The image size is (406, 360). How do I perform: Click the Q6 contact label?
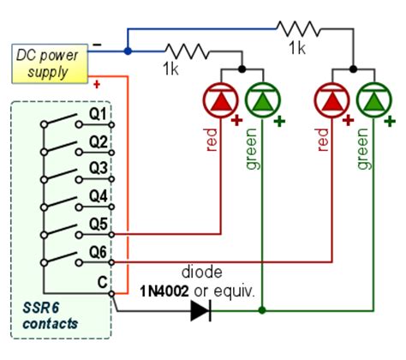coord(99,252)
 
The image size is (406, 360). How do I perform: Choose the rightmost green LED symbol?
coord(373,100)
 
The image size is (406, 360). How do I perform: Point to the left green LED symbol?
coord(261,100)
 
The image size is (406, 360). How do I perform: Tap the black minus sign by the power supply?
coord(99,42)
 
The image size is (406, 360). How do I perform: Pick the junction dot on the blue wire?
coord(128,51)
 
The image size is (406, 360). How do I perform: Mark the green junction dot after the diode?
coord(261,309)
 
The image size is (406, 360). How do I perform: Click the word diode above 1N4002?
coord(202,272)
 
